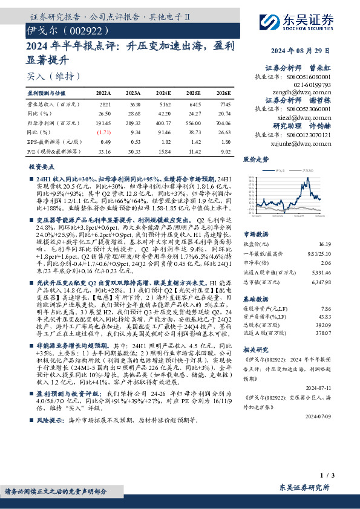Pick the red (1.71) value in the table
coord(104,131)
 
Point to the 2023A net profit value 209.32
coord(133,122)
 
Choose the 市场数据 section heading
coord(257,233)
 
